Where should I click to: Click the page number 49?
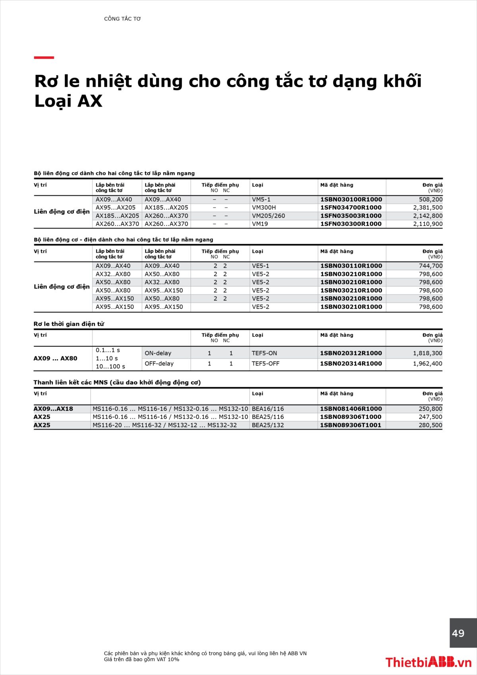pos(458,633)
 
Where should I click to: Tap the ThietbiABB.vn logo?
pos(428,662)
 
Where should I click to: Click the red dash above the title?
pos(44,58)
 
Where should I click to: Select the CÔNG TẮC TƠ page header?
pos(122,19)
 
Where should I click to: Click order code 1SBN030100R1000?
pos(351,199)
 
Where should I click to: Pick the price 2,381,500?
pos(428,208)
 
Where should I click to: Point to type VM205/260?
pos(268,216)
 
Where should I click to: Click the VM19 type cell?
pos(260,224)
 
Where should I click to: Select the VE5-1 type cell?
pos(260,266)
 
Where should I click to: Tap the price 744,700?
pos(430,266)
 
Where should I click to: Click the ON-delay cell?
pos(158,353)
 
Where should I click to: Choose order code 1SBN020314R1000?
pos(351,364)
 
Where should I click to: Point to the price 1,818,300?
pos(427,353)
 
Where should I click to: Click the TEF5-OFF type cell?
pos(266,364)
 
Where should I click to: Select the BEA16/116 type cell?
pos(268,409)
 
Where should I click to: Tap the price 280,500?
pos(430,425)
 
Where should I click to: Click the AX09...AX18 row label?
pos(53,409)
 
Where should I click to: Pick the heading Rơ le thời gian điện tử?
pos(69,324)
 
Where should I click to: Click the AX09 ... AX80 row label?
pos(55,358)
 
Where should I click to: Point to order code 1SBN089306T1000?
pos(351,417)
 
